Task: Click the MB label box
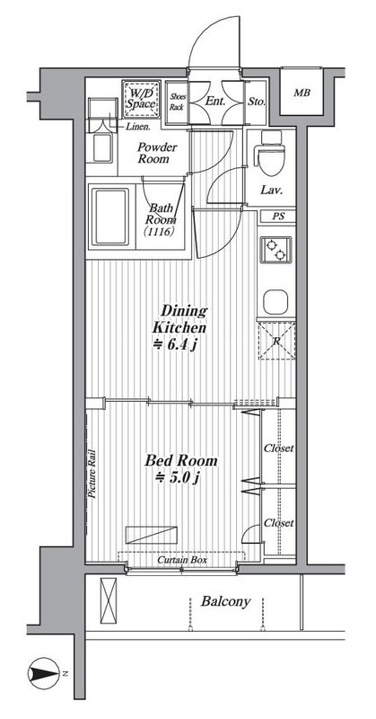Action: [302, 93]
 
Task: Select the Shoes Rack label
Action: [177, 102]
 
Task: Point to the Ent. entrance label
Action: [214, 102]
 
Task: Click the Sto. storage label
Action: [257, 102]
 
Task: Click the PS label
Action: [278, 217]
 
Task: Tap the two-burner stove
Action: [275, 250]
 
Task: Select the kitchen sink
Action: [275, 302]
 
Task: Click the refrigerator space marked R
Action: [277, 341]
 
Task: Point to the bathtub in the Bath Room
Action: [111, 217]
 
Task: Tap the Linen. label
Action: [137, 126]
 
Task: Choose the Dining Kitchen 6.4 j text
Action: [179, 327]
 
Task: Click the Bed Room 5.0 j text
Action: [181, 468]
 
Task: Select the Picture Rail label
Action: [92, 473]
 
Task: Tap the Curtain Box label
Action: [182, 560]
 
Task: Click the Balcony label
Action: [226, 601]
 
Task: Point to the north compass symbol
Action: [43, 673]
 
